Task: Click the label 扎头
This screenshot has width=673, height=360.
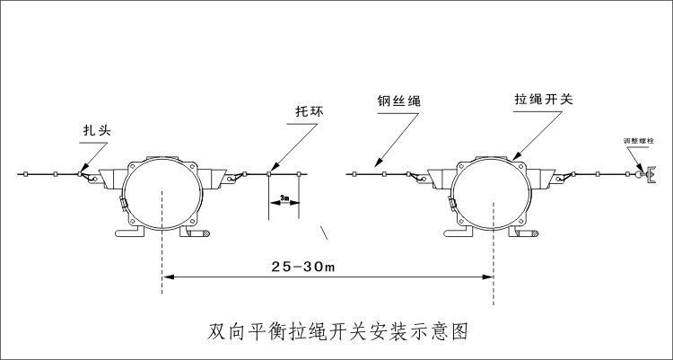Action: pyautogui.click(x=94, y=130)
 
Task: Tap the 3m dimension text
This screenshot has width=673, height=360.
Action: pyautogui.click(x=284, y=196)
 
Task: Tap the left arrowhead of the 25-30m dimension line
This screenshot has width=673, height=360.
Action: pyautogui.click(x=167, y=278)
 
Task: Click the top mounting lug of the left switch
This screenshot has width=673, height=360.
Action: pyautogui.click(x=162, y=162)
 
